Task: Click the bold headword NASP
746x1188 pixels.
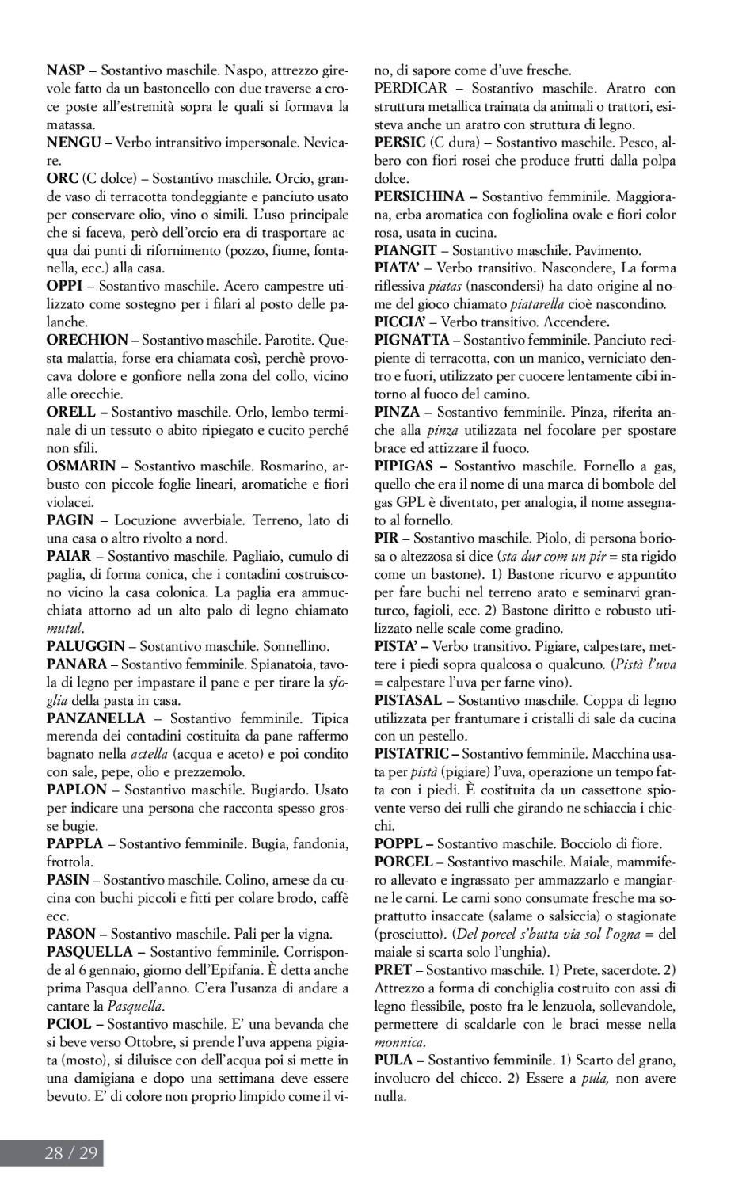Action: [66, 70]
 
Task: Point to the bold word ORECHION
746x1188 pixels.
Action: [87, 340]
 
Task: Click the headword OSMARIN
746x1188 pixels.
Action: [81, 466]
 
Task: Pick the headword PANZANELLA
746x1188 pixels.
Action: [96, 718]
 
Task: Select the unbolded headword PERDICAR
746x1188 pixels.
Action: [410, 89]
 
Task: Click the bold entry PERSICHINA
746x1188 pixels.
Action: [420, 196]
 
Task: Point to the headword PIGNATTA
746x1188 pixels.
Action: [412, 340]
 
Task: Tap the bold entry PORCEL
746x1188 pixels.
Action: [404, 862]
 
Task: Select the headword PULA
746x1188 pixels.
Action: [394, 1060]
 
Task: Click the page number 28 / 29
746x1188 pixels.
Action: [71, 1152]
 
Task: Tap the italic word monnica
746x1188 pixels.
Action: [399, 1041]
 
